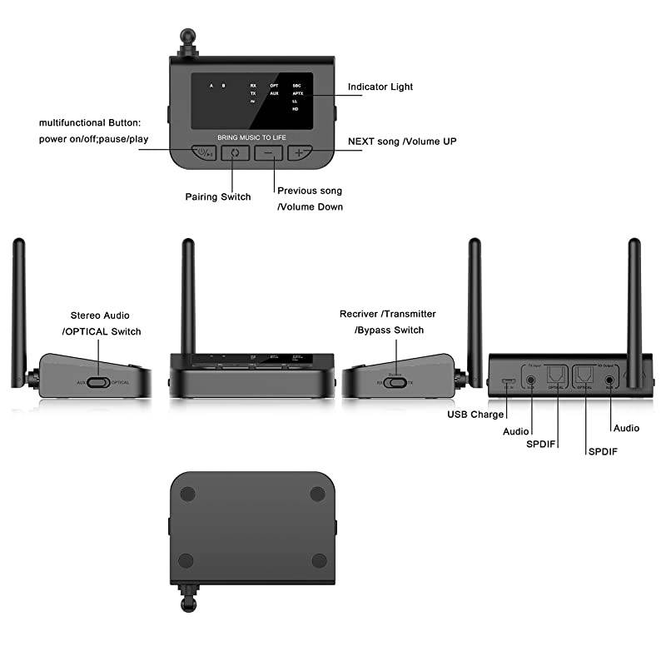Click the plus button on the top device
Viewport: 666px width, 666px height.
(x=299, y=153)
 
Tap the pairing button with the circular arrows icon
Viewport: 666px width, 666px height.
(x=235, y=153)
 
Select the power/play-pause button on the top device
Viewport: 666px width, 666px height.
(x=203, y=153)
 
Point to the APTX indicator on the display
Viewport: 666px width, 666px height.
(x=297, y=94)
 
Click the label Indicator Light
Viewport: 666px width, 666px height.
(x=380, y=87)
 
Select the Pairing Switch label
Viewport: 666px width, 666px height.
(x=217, y=197)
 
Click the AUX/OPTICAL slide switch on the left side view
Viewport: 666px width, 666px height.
(x=99, y=383)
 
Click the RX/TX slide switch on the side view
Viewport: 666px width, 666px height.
(x=396, y=382)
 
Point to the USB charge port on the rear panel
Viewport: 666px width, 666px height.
(x=508, y=382)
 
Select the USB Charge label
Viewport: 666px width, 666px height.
(x=475, y=415)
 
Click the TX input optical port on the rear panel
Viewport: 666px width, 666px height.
(x=554, y=377)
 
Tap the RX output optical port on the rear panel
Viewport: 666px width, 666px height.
(x=585, y=377)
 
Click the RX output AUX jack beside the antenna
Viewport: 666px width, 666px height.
(x=611, y=380)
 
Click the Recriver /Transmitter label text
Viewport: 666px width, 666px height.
(x=387, y=314)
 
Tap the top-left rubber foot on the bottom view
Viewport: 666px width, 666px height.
(x=187, y=494)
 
